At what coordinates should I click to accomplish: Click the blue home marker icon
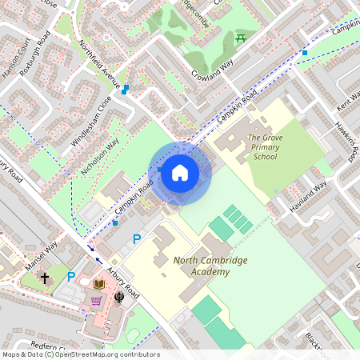(x=180, y=173)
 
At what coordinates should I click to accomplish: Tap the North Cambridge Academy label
(x=201, y=266)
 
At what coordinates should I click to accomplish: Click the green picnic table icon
(x=240, y=38)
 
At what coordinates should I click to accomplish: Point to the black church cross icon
(x=45, y=278)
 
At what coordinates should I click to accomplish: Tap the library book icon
(x=100, y=284)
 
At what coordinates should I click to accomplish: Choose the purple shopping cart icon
(x=97, y=301)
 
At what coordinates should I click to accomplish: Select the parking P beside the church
(x=71, y=277)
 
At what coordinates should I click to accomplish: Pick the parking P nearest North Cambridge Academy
(x=137, y=238)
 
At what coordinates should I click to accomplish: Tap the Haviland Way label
(x=309, y=198)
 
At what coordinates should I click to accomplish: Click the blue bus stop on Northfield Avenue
(x=125, y=90)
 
